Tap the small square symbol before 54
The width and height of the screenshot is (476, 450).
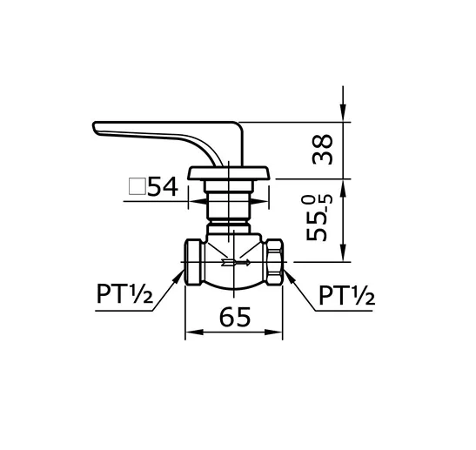pyautogui.click(x=136, y=185)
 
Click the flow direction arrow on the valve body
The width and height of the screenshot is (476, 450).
pyautogui.click(x=236, y=261)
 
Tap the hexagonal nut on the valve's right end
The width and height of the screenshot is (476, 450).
pyautogui.click(x=272, y=261)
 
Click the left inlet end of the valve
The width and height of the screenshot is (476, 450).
pyautogui.click(x=193, y=261)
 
